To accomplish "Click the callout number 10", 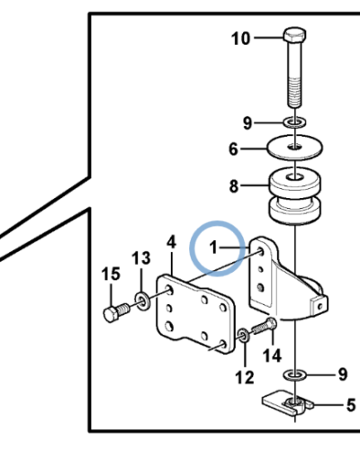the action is pyautogui.click(x=240, y=39).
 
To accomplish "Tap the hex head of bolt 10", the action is pyautogui.click(x=294, y=35).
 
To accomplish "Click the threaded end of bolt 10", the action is pyautogui.click(x=294, y=91).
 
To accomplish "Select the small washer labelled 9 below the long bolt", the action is pyautogui.click(x=294, y=122).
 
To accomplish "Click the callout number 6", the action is pyautogui.click(x=233, y=149).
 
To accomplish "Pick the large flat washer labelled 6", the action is pyautogui.click(x=295, y=148).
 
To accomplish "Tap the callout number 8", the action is pyautogui.click(x=234, y=186).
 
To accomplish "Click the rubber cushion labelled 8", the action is pyautogui.click(x=294, y=195).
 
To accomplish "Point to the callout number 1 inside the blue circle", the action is pyautogui.click(x=213, y=247).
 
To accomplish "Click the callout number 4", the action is pyautogui.click(x=171, y=242).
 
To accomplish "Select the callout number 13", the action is pyautogui.click(x=141, y=258).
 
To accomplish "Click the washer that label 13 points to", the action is pyautogui.click(x=142, y=301).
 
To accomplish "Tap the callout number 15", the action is pyautogui.click(x=111, y=274).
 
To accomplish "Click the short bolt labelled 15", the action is pyautogui.click(x=116, y=312).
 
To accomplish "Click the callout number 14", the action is pyautogui.click(x=272, y=355).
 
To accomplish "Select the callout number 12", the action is pyautogui.click(x=245, y=378).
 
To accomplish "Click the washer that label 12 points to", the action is pyautogui.click(x=243, y=336).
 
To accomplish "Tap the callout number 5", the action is pyautogui.click(x=351, y=405).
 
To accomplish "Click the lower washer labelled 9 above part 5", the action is pyautogui.click(x=294, y=374).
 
